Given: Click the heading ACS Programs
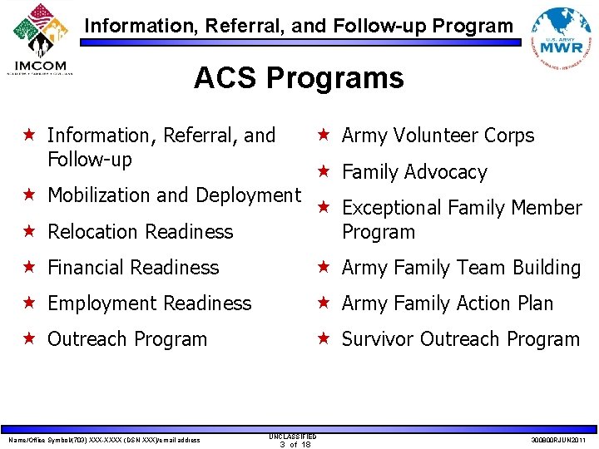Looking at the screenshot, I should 299,79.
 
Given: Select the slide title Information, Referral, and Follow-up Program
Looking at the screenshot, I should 299,26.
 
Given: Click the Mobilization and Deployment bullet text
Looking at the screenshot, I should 174,195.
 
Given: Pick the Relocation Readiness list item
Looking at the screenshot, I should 140,232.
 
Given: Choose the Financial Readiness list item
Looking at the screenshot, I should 133,268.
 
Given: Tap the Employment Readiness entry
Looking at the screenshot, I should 149,303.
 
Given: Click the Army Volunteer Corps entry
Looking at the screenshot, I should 438,136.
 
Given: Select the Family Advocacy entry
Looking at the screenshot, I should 414,172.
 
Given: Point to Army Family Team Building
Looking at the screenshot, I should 461,268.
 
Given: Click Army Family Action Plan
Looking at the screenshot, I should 447,303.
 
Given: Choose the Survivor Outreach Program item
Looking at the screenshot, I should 460,339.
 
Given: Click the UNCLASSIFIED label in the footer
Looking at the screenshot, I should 293,435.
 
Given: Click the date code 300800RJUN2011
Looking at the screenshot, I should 557,440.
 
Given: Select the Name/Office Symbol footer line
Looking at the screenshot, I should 103,440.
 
